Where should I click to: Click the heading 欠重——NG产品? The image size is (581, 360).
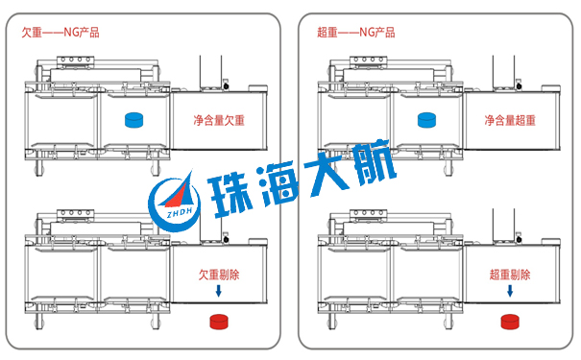pyautogui.click(x=61, y=32)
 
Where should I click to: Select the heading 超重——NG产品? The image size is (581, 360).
pyautogui.click(x=355, y=32)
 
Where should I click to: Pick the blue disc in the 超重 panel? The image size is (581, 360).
pyautogui.click(x=427, y=121)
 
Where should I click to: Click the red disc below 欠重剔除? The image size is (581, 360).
pyautogui.click(x=222, y=321)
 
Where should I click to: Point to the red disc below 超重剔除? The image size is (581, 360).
pyautogui.click(x=511, y=321)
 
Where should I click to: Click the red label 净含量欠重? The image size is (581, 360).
pyautogui.click(x=218, y=121)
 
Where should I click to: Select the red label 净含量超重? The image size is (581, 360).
pyautogui.click(x=509, y=121)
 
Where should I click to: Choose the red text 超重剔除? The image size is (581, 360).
pyautogui.click(x=509, y=275)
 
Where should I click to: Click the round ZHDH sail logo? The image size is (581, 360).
pyautogui.click(x=174, y=201)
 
